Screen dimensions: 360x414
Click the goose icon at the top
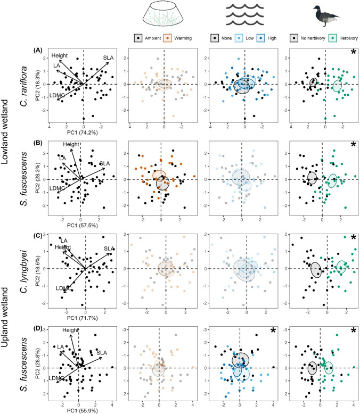(325, 16)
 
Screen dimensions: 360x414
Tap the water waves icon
(245, 15)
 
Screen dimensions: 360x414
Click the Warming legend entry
(178, 38)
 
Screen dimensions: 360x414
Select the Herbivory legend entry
(343, 38)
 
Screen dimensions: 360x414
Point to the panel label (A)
(38, 50)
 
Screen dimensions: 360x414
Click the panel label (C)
(38, 235)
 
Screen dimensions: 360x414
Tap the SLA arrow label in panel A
(108, 57)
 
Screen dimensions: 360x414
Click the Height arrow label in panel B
(71, 144)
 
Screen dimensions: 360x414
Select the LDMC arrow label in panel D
(56, 378)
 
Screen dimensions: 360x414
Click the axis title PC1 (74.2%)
(83, 133)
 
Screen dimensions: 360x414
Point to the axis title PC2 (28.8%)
(37, 363)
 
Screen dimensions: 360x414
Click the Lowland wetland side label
(5, 132)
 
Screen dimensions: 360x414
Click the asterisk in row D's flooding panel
(273, 330)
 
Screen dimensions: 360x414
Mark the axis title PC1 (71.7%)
(83, 318)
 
